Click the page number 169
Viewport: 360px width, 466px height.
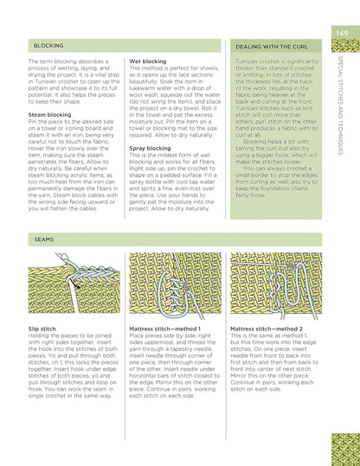pos(342,33)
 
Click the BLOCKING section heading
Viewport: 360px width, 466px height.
pos(48,44)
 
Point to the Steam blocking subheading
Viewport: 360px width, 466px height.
pos(50,113)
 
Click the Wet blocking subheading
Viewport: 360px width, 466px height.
pos(149,62)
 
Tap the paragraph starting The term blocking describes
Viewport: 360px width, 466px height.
pos(73,82)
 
